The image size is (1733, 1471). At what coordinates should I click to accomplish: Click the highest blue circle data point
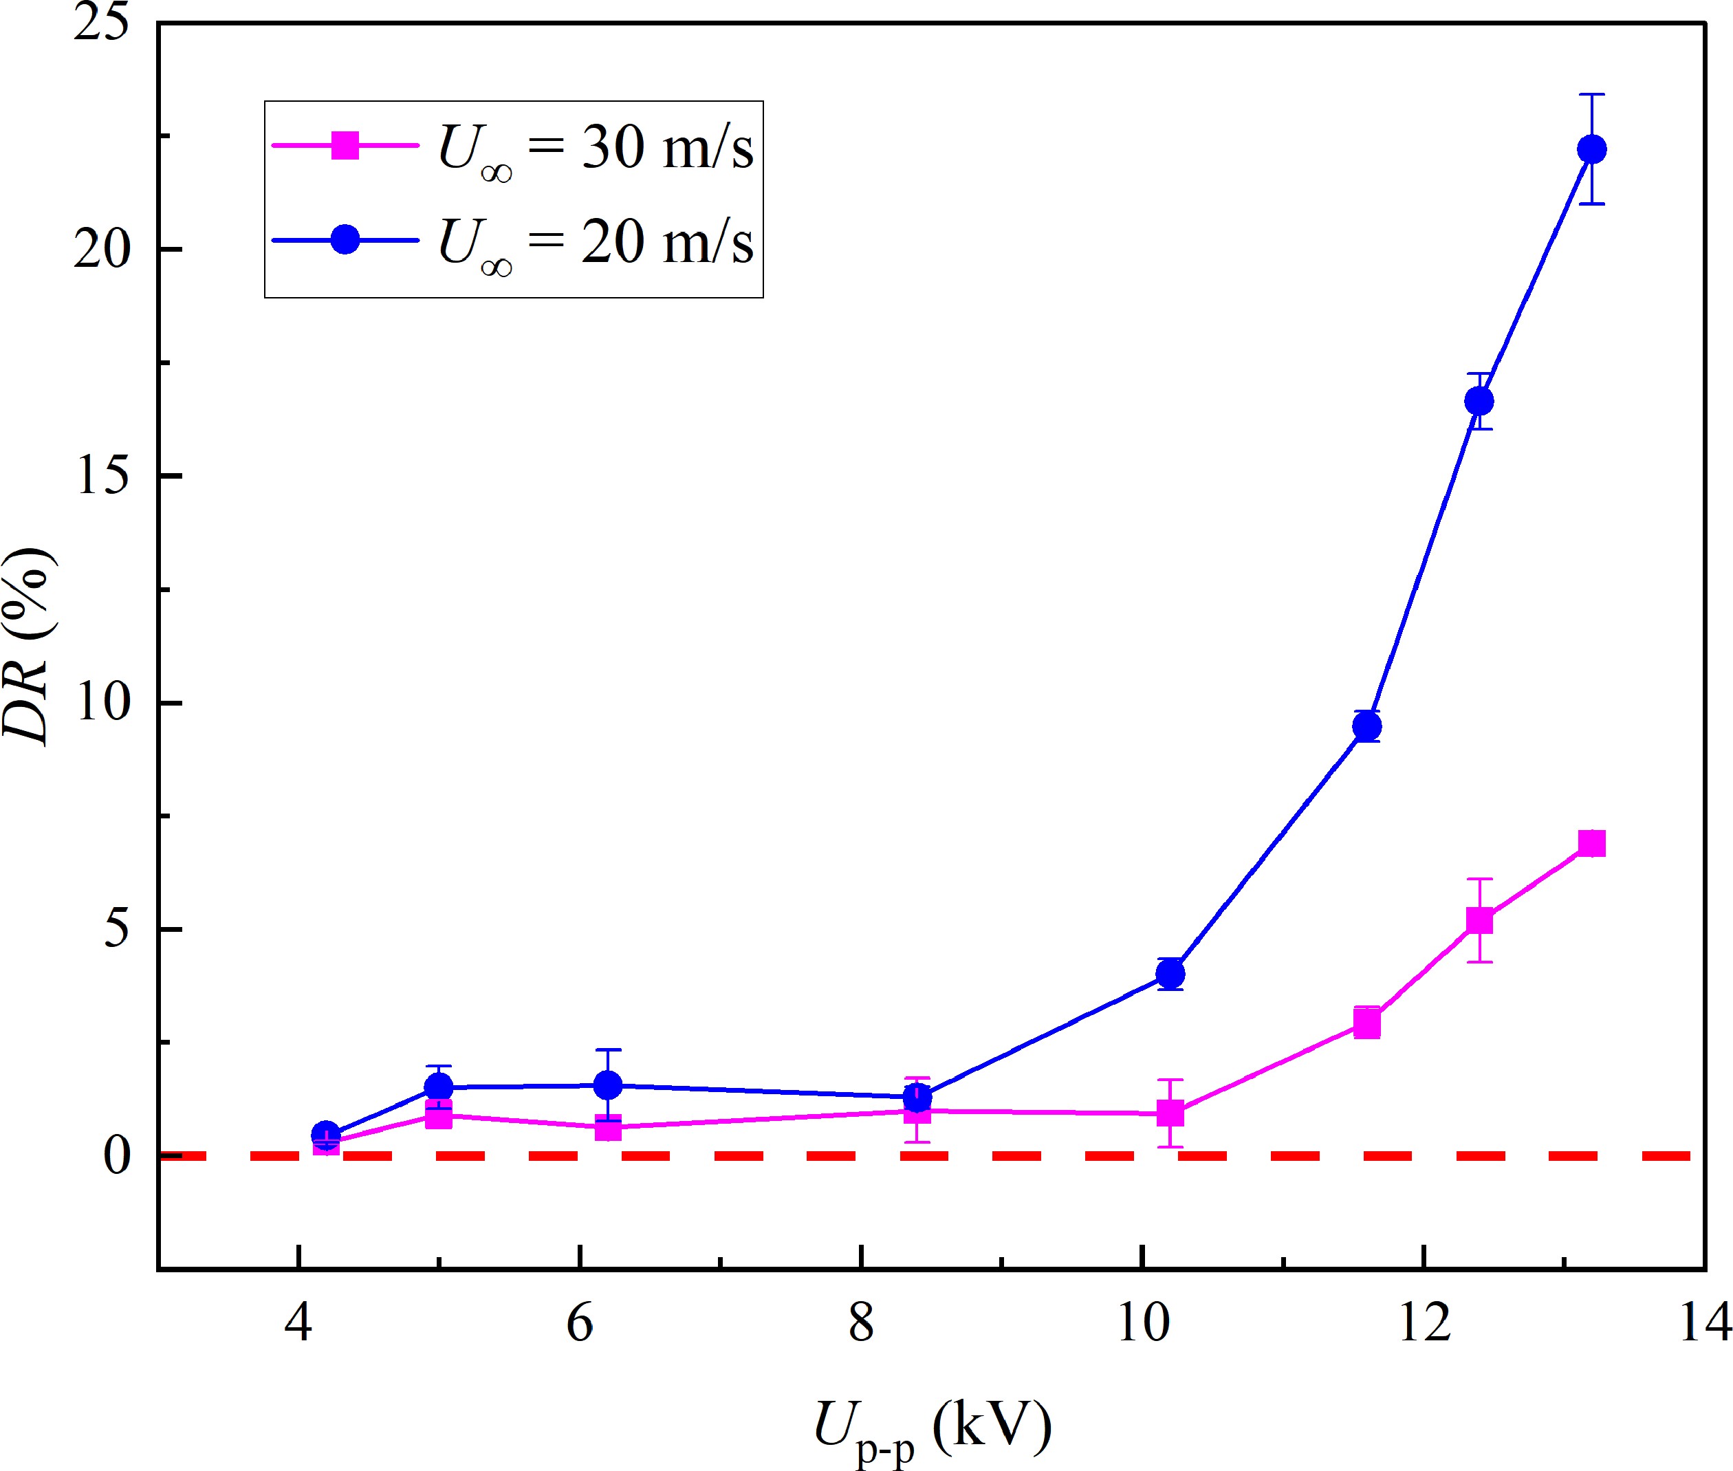[1591, 150]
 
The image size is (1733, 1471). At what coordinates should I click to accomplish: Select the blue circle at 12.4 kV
[1479, 402]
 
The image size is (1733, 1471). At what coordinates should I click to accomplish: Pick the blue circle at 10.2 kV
[1170, 974]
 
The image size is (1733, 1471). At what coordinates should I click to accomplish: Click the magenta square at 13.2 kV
[1591, 844]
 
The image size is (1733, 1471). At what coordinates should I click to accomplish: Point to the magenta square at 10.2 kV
[1170, 1113]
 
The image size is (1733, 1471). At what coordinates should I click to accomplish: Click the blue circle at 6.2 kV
[608, 1086]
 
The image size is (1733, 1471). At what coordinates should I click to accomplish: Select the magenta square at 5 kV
[439, 1115]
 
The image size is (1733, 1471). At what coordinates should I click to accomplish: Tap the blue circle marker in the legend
[345, 240]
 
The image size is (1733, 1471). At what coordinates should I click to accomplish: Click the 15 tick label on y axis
[103, 476]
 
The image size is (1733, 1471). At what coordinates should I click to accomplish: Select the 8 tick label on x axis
[861, 1322]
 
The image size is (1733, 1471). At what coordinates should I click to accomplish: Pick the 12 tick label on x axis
[1424, 1322]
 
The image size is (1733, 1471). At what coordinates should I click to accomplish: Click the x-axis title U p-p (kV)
[932, 1428]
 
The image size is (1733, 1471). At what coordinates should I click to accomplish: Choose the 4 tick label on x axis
[298, 1322]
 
